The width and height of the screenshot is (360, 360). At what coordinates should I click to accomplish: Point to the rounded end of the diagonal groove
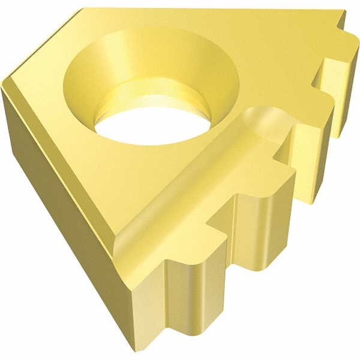tap(264, 120)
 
